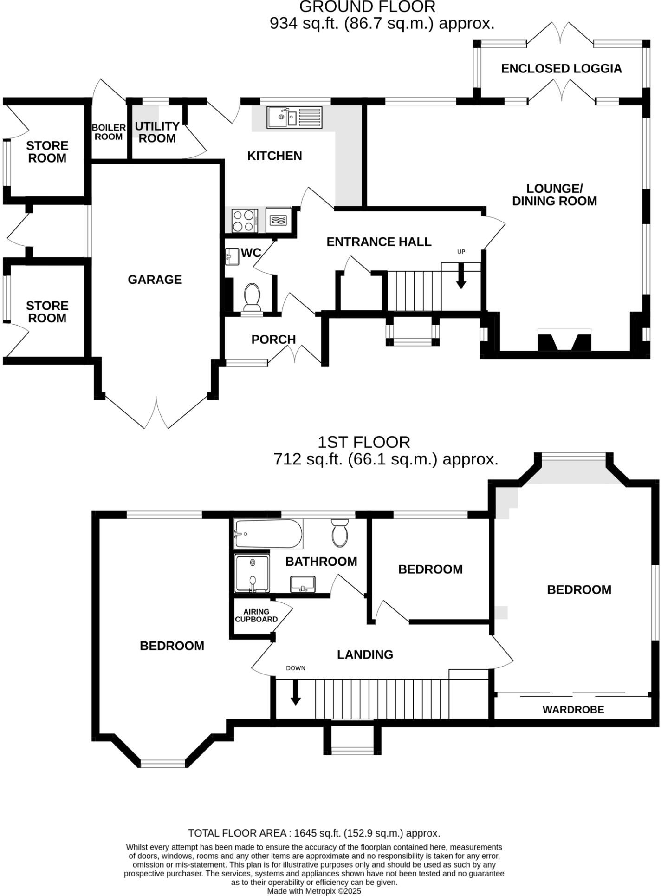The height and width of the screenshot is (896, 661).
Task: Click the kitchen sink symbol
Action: (x=294, y=118)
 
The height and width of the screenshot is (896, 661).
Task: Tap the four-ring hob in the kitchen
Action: (x=245, y=221)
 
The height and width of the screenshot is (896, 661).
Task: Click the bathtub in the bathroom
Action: (x=268, y=534)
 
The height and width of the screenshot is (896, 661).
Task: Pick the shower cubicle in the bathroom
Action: (x=252, y=573)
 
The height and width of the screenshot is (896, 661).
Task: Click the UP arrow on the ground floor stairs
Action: (x=461, y=276)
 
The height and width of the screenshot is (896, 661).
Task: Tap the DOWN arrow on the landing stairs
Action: (x=295, y=692)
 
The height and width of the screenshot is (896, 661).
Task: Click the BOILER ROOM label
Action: (x=109, y=132)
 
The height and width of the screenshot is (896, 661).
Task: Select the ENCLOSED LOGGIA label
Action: (x=561, y=69)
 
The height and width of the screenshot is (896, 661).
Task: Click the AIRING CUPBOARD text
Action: (x=256, y=615)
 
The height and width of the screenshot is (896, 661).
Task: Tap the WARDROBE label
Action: (x=573, y=710)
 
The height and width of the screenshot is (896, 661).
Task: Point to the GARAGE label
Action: (x=155, y=280)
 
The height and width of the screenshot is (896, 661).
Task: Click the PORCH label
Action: (x=273, y=340)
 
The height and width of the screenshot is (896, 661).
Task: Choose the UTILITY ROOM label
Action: (x=157, y=132)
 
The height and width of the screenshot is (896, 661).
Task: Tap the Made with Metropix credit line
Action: (x=314, y=891)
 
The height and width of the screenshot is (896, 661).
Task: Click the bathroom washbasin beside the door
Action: (x=303, y=584)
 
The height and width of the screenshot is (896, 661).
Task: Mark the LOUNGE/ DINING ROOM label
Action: (x=554, y=195)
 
